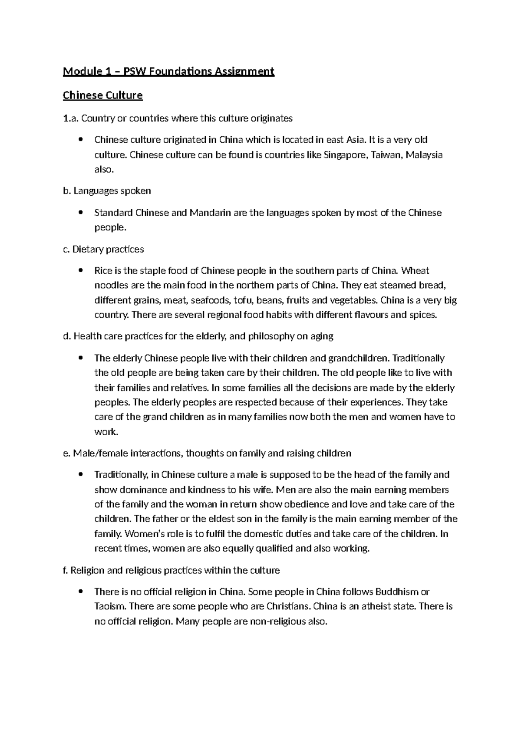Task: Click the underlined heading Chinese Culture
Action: pyautogui.click(x=102, y=95)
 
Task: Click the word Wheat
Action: pyautogui.click(x=415, y=271)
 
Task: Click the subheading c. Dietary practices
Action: pyautogui.click(x=103, y=249)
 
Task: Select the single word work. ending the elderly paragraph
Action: pyautogui.click(x=106, y=432)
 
